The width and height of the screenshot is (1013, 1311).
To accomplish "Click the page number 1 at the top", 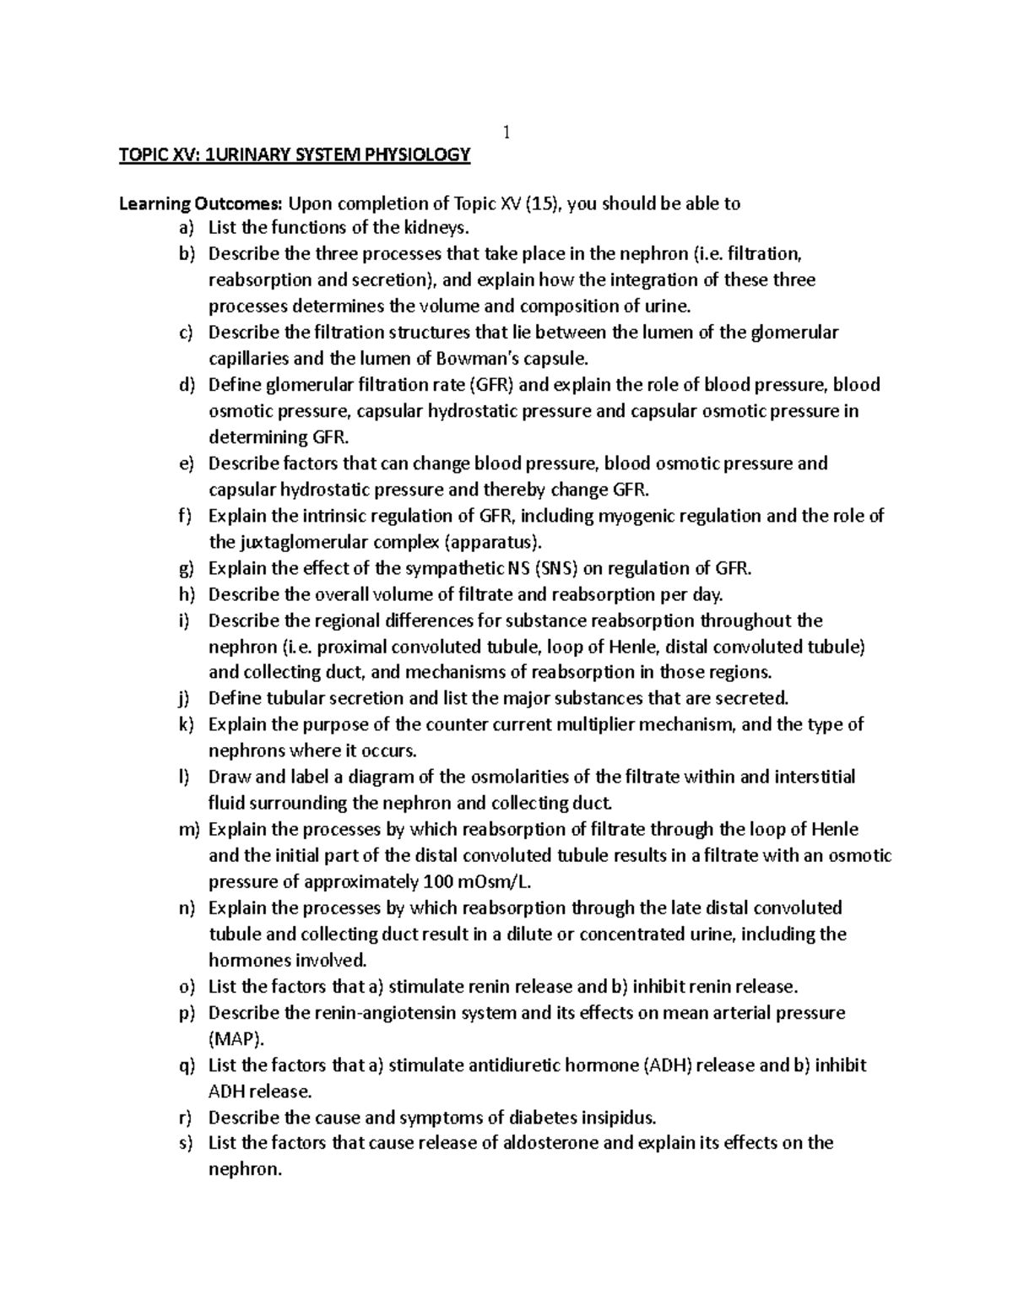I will pos(506,132).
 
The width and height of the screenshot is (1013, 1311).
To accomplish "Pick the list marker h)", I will pos(186,594).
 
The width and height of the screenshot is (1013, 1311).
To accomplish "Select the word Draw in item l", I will pos(226,777).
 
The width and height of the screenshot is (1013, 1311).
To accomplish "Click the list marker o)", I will pos(186,987).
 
